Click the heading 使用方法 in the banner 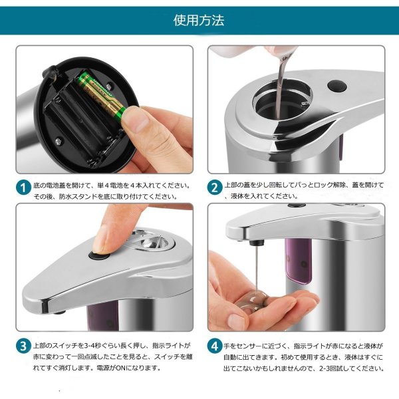tap(199, 21)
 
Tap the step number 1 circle tap(23, 188)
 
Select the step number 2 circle tap(215, 188)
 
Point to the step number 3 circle tap(23, 346)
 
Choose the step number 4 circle tap(215, 346)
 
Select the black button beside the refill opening tap(337, 86)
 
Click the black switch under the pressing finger tap(98, 255)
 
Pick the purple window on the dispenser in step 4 tap(299, 261)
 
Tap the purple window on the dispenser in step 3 tap(103, 317)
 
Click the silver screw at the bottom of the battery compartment tap(59, 140)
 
